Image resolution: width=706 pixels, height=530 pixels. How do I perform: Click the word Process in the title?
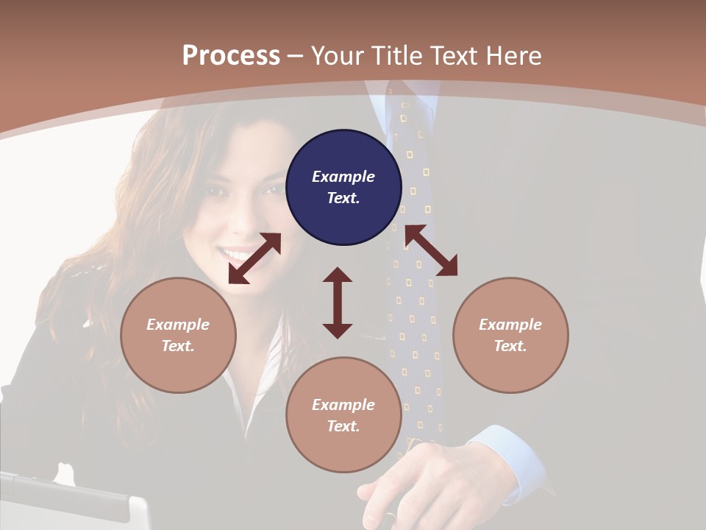point(231,56)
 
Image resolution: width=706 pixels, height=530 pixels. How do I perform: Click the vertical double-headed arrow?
point(338,303)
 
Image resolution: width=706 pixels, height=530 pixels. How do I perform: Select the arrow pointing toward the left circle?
point(254,258)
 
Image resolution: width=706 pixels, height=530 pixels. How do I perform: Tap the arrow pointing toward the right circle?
point(431,250)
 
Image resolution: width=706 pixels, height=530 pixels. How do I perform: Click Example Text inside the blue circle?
point(343,187)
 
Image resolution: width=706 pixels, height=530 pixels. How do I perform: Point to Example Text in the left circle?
point(178,335)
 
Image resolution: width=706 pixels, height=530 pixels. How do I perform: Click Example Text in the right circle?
point(510,335)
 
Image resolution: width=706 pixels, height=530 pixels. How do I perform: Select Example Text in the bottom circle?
point(343,415)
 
